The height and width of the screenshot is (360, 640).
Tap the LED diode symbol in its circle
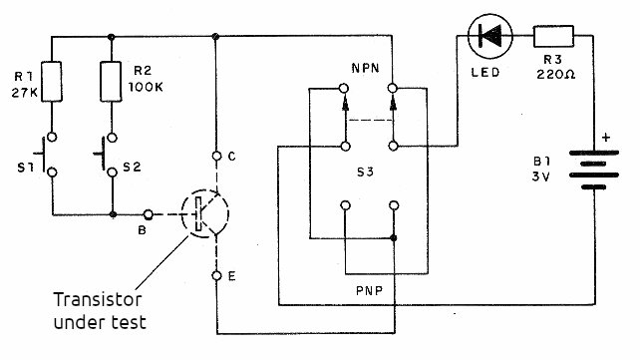pyautogui.click(x=489, y=38)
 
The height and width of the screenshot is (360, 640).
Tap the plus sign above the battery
pyautogui.click(x=604, y=139)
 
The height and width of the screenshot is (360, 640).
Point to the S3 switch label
pyautogui.click(x=369, y=173)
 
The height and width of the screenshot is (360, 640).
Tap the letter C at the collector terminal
pyautogui.click(x=231, y=156)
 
